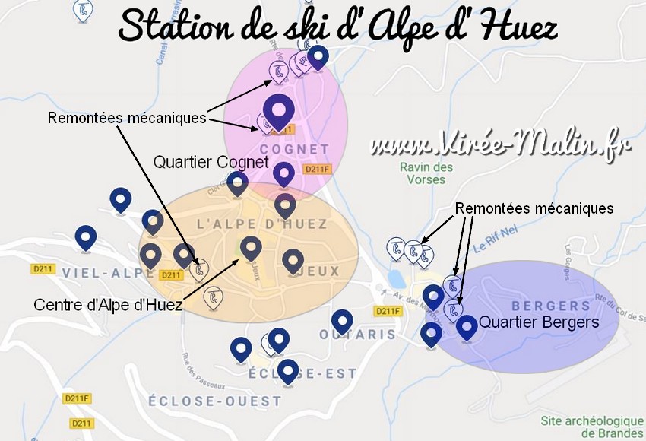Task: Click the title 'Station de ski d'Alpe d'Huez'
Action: (x=337, y=28)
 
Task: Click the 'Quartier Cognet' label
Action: (x=211, y=162)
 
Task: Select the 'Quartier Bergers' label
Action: (x=539, y=322)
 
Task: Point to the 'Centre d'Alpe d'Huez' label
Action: (x=108, y=305)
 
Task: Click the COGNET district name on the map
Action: (x=294, y=149)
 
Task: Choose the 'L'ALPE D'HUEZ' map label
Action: (x=262, y=224)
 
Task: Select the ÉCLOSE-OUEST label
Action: (x=214, y=401)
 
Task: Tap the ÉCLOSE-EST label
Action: (x=292, y=373)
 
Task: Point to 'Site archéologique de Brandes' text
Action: (x=592, y=426)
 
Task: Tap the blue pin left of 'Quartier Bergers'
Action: (x=466, y=326)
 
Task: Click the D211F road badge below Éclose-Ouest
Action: (x=77, y=398)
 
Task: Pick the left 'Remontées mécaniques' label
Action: (x=126, y=119)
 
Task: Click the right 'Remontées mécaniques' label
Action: (x=534, y=208)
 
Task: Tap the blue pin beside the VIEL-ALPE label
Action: (x=86, y=237)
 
